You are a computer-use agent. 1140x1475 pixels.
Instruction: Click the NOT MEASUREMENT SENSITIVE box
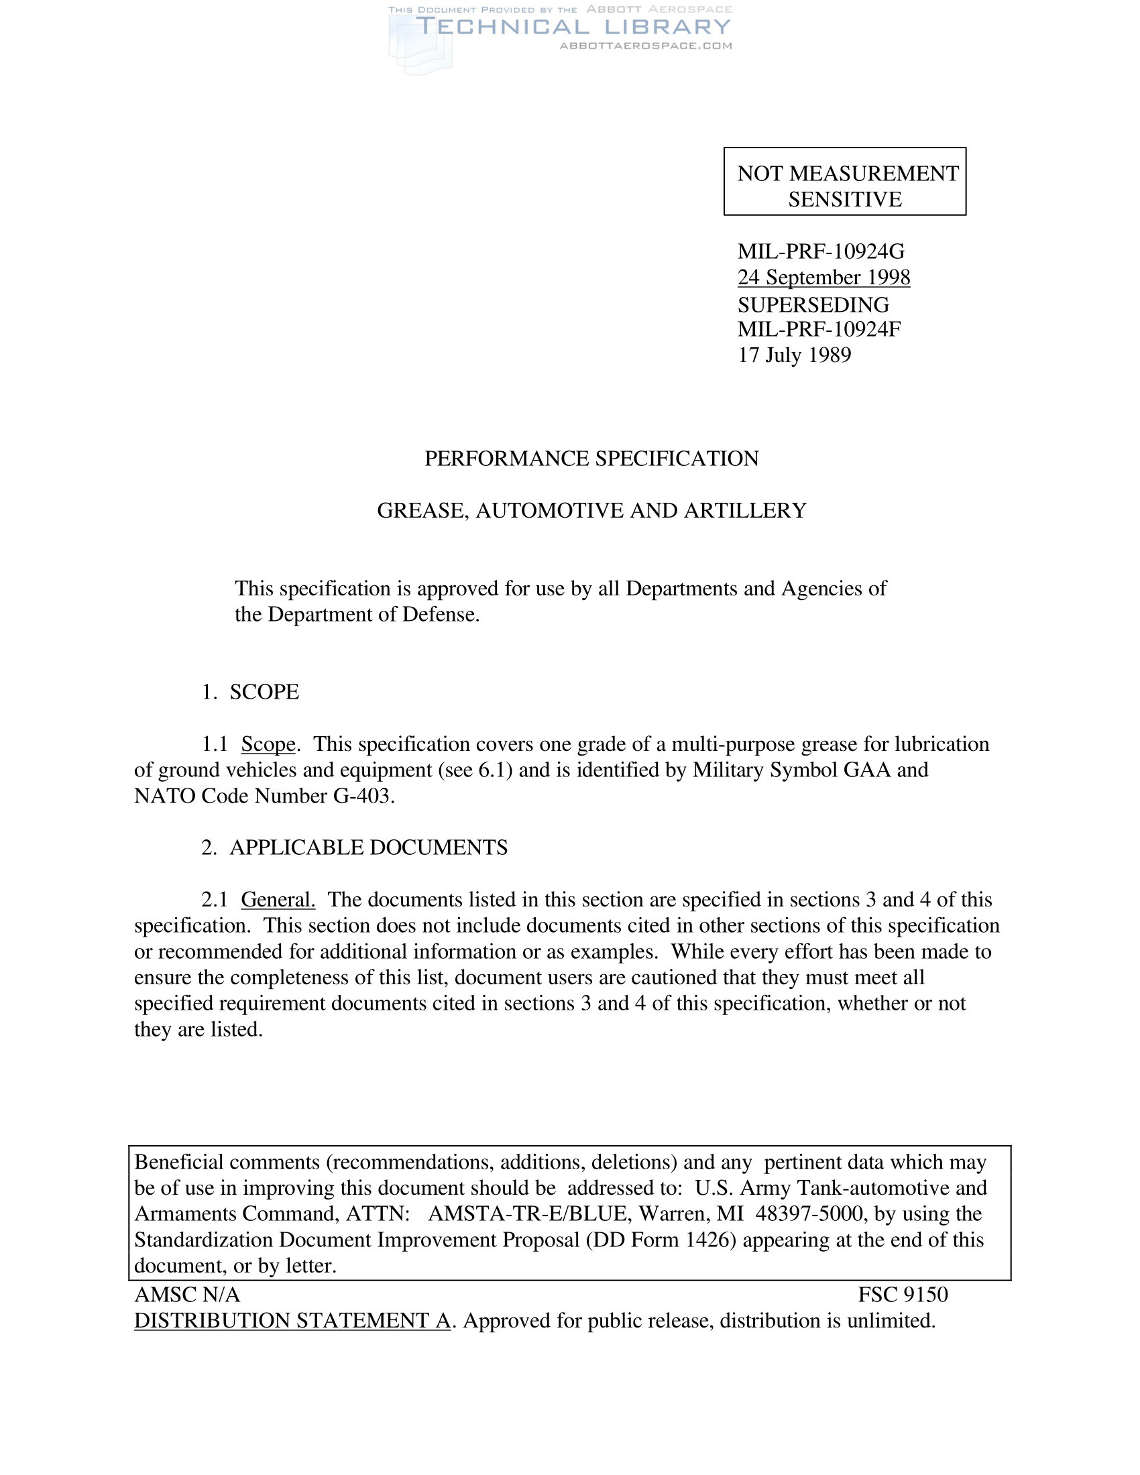click(844, 181)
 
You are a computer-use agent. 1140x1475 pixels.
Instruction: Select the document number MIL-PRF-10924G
click(821, 251)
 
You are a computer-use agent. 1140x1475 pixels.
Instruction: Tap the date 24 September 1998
click(823, 277)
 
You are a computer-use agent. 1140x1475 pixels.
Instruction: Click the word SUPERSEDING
click(813, 304)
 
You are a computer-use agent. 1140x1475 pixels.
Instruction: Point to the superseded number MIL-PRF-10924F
click(819, 330)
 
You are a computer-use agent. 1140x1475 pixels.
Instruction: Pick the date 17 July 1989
click(794, 355)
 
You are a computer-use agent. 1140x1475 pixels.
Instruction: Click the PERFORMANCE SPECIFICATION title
click(591, 459)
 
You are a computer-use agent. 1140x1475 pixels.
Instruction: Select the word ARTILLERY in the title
click(745, 511)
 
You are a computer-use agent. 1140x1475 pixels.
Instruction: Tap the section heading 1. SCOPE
click(251, 693)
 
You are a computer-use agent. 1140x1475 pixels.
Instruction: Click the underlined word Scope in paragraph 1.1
click(268, 744)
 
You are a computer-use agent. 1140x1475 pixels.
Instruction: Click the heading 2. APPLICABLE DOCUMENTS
click(355, 847)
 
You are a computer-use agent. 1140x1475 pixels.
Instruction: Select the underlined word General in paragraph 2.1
click(278, 900)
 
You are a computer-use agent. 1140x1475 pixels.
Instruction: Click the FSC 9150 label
click(902, 1295)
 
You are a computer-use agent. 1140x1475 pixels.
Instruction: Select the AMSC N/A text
click(187, 1295)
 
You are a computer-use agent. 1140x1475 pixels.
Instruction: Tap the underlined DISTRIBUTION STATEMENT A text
click(292, 1320)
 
